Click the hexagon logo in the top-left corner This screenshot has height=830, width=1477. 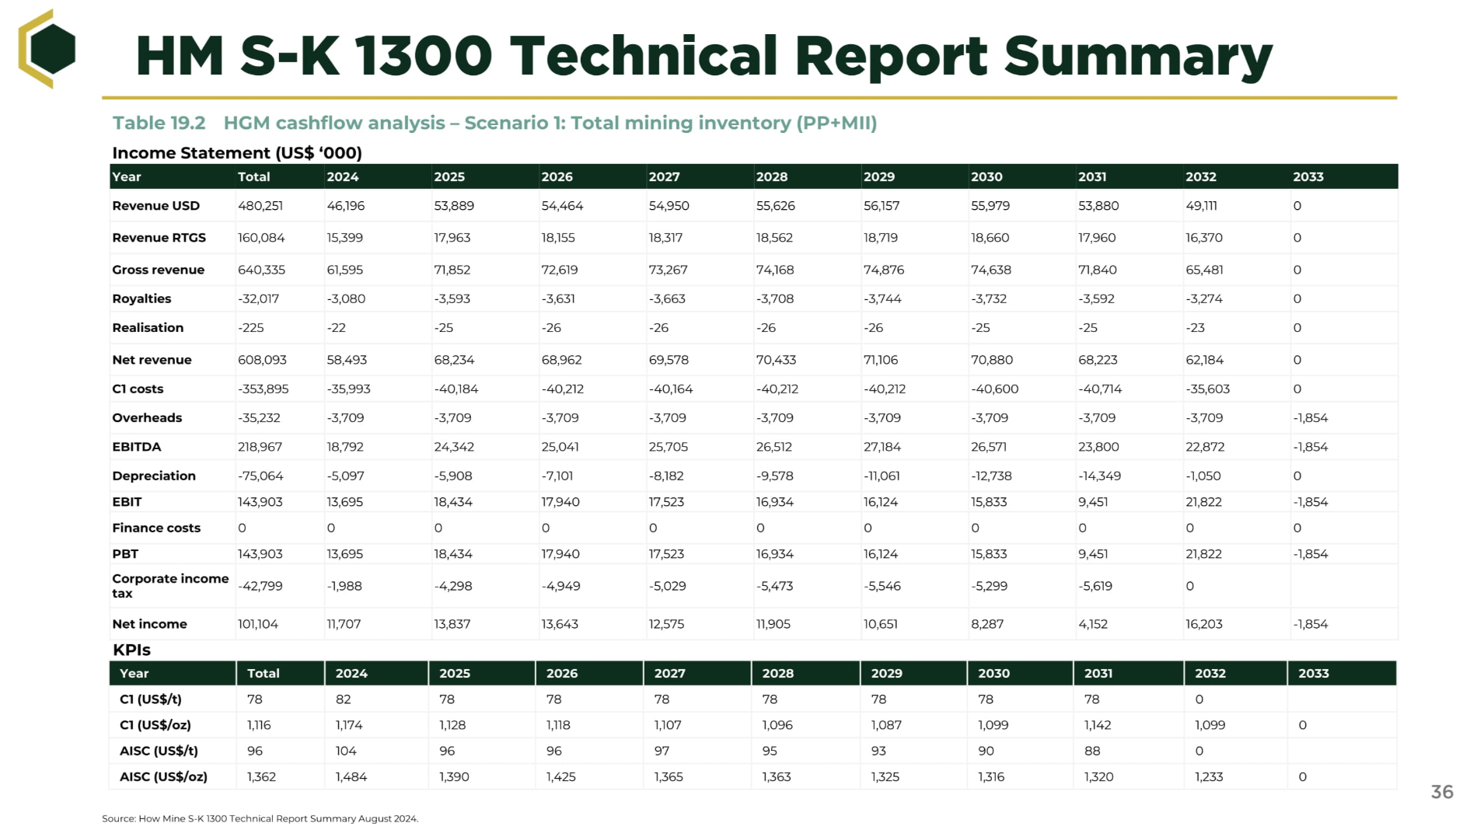pyautogui.click(x=47, y=48)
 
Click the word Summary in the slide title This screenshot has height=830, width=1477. pyautogui.click(x=1138, y=58)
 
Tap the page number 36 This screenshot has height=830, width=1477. pyautogui.click(x=1442, y=792)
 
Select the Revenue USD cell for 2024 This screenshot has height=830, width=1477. pyautogui.click(x=345, y=206)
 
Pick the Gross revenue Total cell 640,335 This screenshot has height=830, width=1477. pyautogui.click(x=261, y=270)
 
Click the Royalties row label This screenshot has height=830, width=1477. pyautogui.click(x=141, y=298)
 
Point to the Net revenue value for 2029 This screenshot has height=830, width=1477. pyautogui.click(x=880, y=360)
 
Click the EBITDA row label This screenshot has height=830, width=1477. pyautogui.click(x=137, y=447)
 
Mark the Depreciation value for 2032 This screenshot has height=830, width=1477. pyautogui.click(x=1204, y=476)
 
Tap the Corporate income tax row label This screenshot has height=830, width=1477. pyautogui.click(x=170, y=586)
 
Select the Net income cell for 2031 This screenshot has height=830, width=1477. pyautogui.click(x=1093, y=624)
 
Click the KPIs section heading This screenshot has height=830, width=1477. pyautogui.click(x=131, y=650)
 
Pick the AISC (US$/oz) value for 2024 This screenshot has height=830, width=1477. pyautogui.click(x=351, y=776)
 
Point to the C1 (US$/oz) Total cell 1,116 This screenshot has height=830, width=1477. pyautogui.click(x=259, y=725)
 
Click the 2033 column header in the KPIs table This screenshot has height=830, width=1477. pyautogui.click(x=1313, y=673)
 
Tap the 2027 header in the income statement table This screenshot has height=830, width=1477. pyautogui.click(x=664, y=176)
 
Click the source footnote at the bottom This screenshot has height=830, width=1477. pyautogui.click(x=260, y=818)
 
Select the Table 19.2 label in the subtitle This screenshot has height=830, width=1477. pyautogui.click(x=159, y=123)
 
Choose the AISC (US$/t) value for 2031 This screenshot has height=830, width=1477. pyautogui.click(x=1092, y=751)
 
